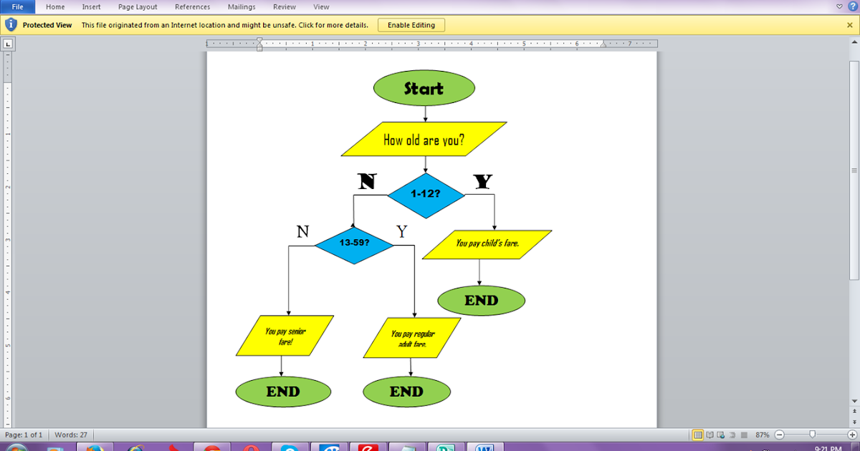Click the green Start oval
coord(424,89)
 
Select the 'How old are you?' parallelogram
coord(424,140)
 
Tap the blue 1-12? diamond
coord(426,195)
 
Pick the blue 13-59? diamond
coord(354,243)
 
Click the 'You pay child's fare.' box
coord(487,244)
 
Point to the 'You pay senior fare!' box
coord(285,336)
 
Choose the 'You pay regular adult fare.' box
coord(412,338)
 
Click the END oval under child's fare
coord(481,301)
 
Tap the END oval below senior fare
coord(283,392)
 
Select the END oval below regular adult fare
coord(406,392)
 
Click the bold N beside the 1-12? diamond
coord(366,182)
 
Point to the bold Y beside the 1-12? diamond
coord(483,182)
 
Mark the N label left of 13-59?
coord(303,231)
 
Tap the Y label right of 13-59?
coord(402,231)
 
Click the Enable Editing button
coord(411,25)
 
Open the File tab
coord(17,7)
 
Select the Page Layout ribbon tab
coord(138,7)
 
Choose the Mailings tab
coord(242,7)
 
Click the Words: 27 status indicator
coord(70,435)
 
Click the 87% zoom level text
coord(762,435)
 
